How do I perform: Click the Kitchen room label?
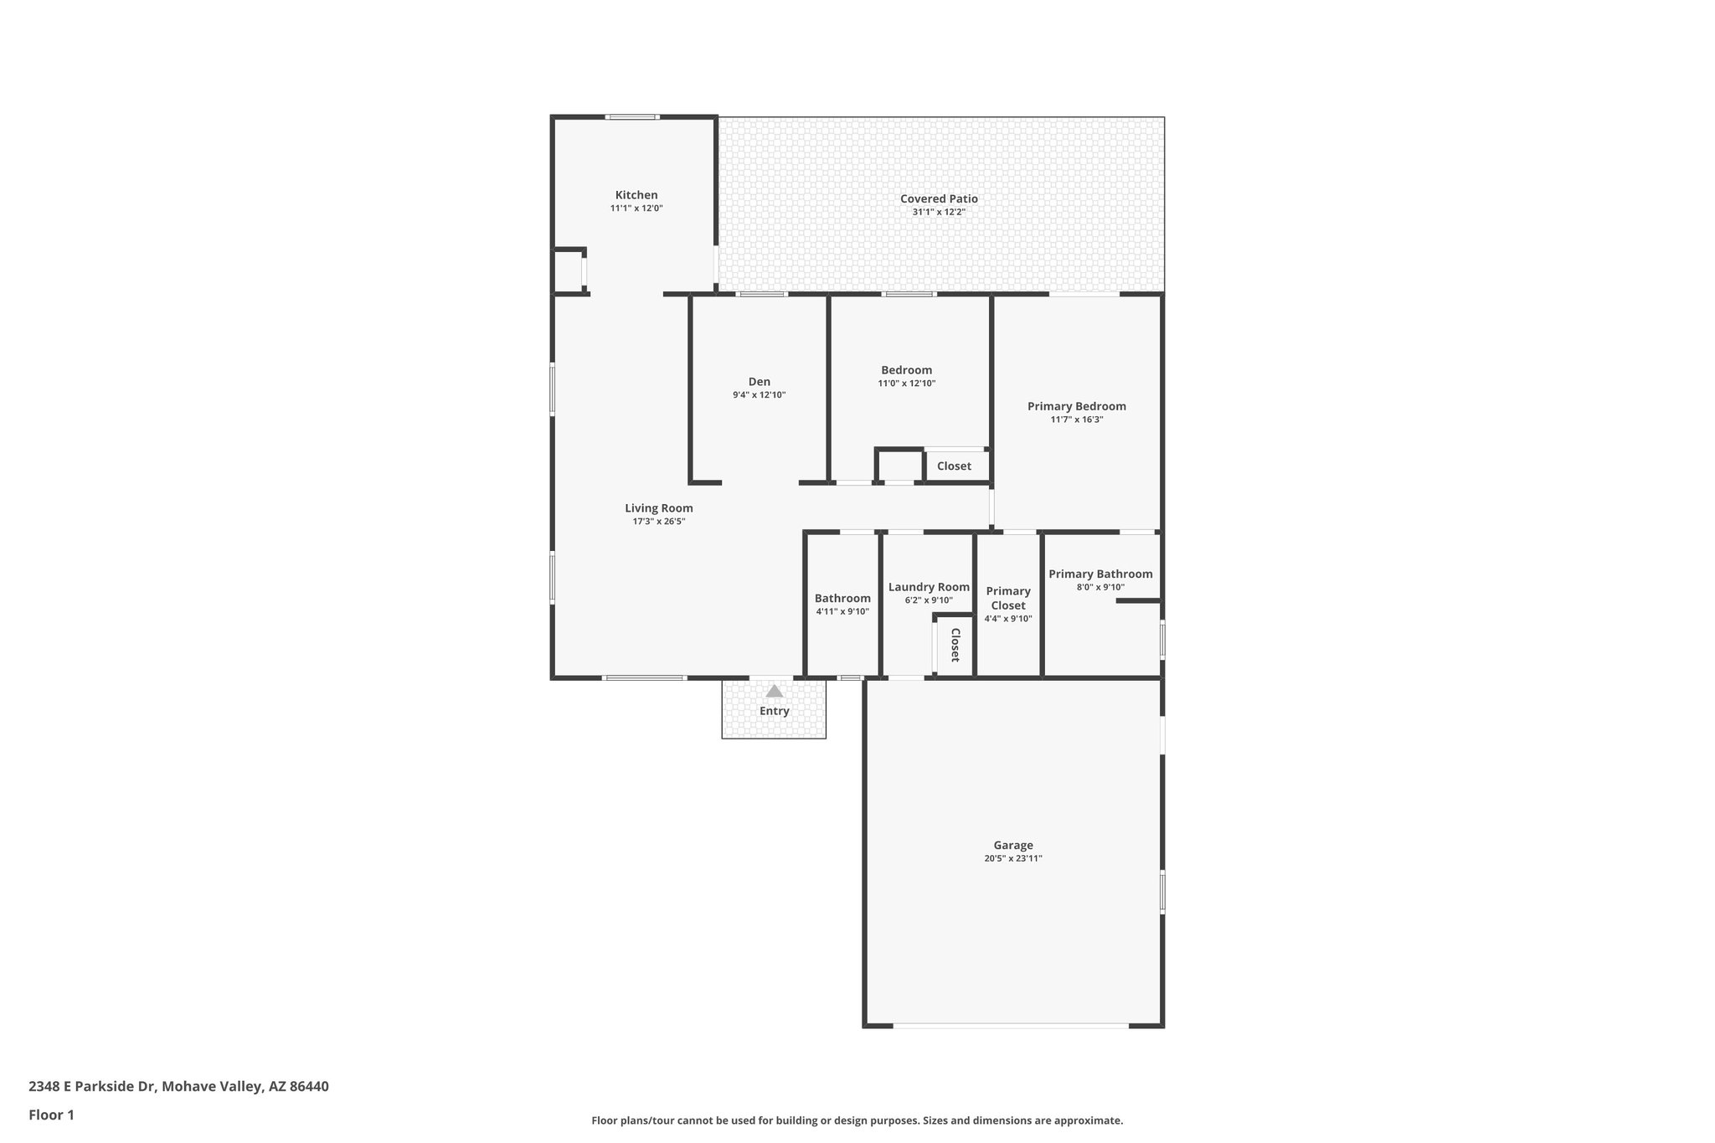[x=636, y=195]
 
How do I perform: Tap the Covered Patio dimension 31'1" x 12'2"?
[x=939, y=213]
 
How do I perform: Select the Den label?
[x=760, y=382]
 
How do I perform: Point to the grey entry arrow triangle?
[x=775, y=692]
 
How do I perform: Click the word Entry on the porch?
[x=775, y=711]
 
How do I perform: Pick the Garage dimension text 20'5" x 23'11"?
[x=1013, y=858]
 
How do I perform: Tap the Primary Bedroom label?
[x=1077, y=406]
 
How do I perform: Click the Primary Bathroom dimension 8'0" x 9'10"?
[x=1100, y=588]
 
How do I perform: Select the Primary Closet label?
[x=1008, y=598]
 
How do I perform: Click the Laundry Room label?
[x=929, y=587]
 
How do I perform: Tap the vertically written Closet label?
[x=955, y=645]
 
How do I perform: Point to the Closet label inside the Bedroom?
[x=954, y=466]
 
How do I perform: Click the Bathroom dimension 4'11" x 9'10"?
[x=842, y=612]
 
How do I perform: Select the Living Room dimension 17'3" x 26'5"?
[x=659, y=522]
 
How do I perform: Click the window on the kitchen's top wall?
[x=632, y=117]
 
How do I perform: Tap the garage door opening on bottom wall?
[x=1010, y=1026]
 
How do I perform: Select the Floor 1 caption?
[x=51, y=1115]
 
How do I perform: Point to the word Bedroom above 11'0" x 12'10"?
[x=906, y=370]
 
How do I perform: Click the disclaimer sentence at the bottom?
[x=857, y=1120]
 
